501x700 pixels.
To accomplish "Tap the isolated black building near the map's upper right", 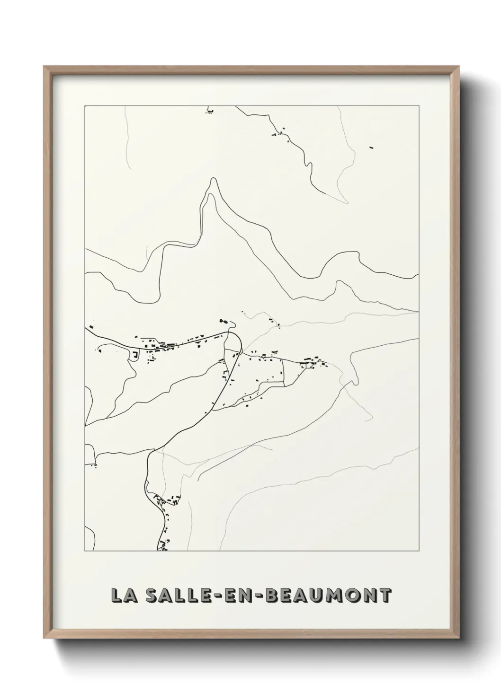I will click(x=371, y=147).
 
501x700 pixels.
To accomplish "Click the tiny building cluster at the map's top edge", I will click(x=209, y=112).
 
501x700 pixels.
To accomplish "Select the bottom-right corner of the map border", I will click(x=419, y=551).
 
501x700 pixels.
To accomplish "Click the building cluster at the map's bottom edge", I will click(x=163, y=545).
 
